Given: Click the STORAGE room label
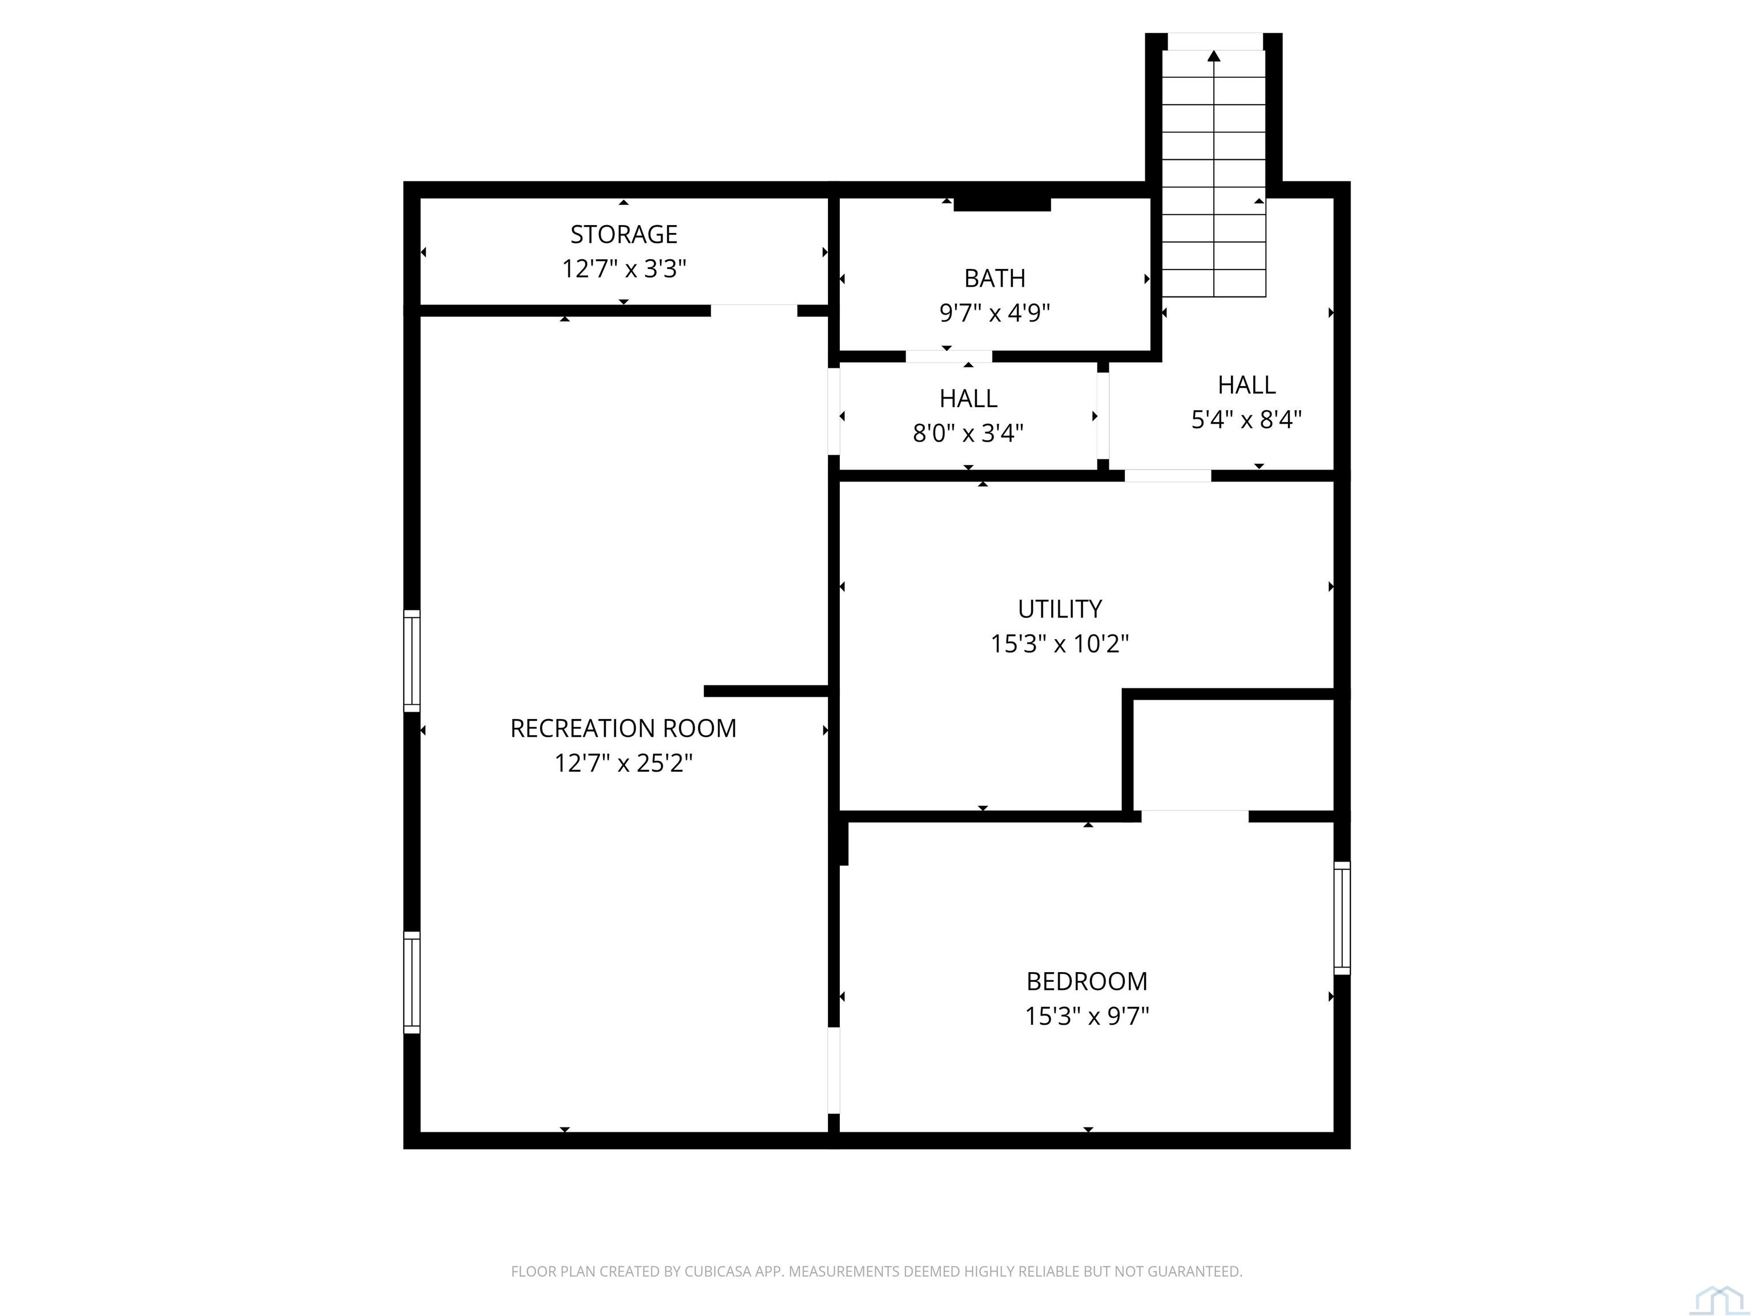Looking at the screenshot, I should (x=623, y=235).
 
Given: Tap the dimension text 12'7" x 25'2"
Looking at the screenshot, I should (x=623, y=763).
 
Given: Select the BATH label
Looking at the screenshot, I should (x=995, y=278).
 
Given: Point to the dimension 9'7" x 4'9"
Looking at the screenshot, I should (x=995, y=314).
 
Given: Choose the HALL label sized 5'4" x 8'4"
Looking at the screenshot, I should (x=1246, y=385).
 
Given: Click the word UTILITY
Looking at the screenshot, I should (x=1059, y=609).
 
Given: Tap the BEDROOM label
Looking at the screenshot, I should (x=1087, y=981).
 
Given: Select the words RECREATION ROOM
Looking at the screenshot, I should (x=623, y=728).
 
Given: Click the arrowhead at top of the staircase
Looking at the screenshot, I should (x=1213, y=55).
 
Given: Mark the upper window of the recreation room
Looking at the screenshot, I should (x=412, y=661).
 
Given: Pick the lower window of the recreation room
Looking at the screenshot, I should (x=412, y=982).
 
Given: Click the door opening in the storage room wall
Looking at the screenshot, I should (x=753, y=310).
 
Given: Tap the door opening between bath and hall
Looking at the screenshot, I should (x=948, y=356).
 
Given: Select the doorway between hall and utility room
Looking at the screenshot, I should (x=1167, y=476).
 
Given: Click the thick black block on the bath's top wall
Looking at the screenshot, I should (x=1001, y=204).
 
